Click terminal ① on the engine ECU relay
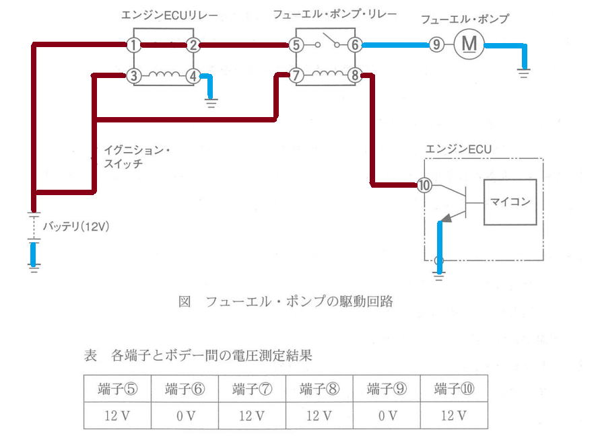(135, 46)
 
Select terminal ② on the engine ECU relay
(193, 46)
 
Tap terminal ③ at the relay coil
(135, 76)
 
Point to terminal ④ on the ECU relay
(193, 76)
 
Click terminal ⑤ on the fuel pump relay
(296, 46)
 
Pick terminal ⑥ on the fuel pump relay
(354, 46)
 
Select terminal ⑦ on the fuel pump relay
(296, 76)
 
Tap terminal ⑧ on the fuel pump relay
(354, 76)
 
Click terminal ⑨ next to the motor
(437, 46)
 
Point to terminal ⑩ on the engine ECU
(424, 185)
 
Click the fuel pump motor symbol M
(469, 45)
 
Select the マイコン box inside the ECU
(510, 201)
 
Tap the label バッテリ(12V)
(76, 227)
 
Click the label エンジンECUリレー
(165, 15)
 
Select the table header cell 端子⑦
(252, 389)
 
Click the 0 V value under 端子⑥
(185, 416)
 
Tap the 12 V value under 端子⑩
(454, 416)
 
